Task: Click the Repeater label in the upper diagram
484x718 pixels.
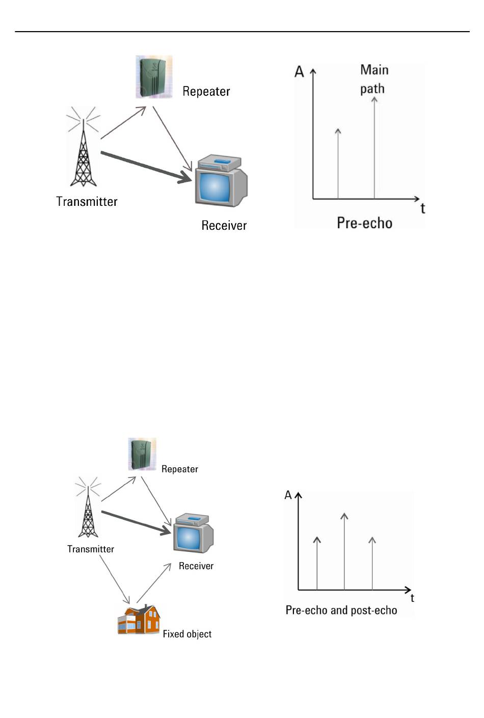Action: coord(206,92)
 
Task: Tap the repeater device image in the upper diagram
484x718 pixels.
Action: coord(154,77)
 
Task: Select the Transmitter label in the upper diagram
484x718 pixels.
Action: coord(87,202)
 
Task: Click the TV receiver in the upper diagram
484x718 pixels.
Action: coord(221,181)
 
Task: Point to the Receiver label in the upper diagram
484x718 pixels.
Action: coord(224,226)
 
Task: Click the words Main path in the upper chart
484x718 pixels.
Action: coord(373,79)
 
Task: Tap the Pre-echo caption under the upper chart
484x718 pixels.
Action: coord(364,223)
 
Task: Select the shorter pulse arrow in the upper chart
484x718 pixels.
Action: coord(338,163)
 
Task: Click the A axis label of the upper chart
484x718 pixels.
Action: coord(300,72)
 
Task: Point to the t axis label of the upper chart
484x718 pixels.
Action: coord(422,208)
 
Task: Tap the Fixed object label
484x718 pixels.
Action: coord(187,634)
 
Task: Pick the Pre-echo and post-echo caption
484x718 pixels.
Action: coord(341,610)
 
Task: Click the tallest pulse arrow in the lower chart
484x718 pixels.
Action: coord(344,550)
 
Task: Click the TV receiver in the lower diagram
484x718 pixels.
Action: coord(193,534)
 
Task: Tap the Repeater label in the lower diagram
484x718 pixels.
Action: coord(179,469)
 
